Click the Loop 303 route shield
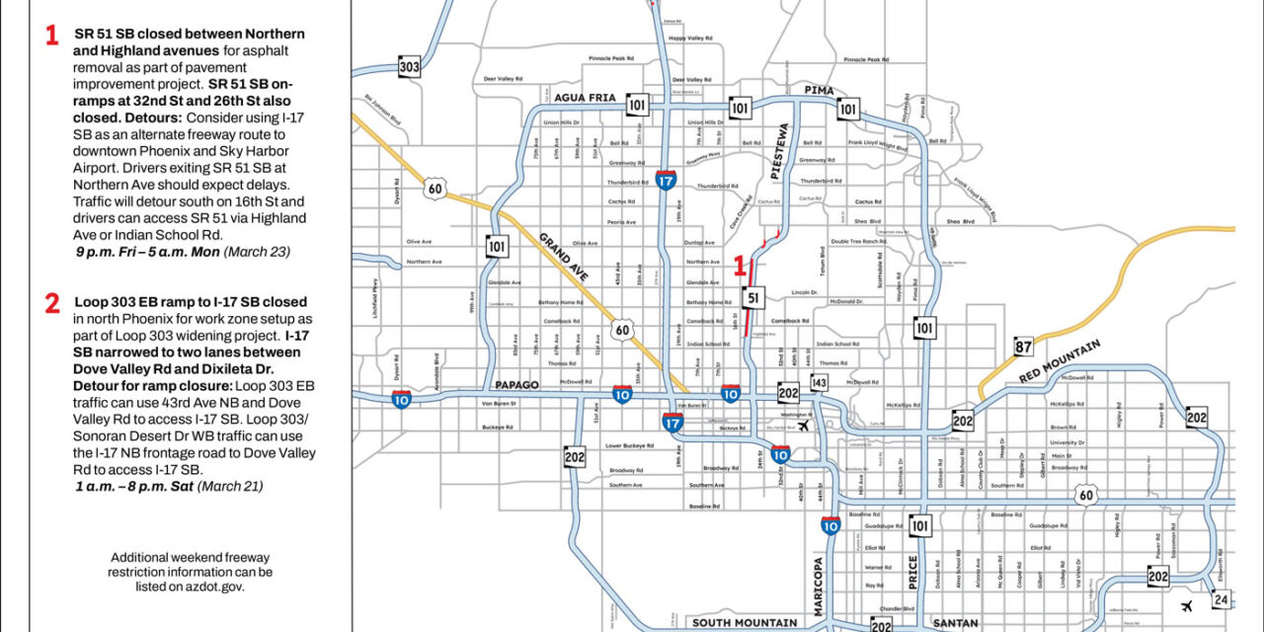click(x=410, y=66)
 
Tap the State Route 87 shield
click(x=1024, y=346)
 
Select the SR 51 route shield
click(x=753, y=298)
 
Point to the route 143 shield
click(x=819, y=382)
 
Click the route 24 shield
click(x=1222, y=599)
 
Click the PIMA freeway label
click(x=820, y=91)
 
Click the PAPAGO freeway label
click(x=516, y=386)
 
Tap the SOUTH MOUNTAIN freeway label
click(x=745, y=623)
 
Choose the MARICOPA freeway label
click(x=819, y=587)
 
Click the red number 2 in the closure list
click(x=52, y=304)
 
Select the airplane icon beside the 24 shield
click(x=1186, y=605)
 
